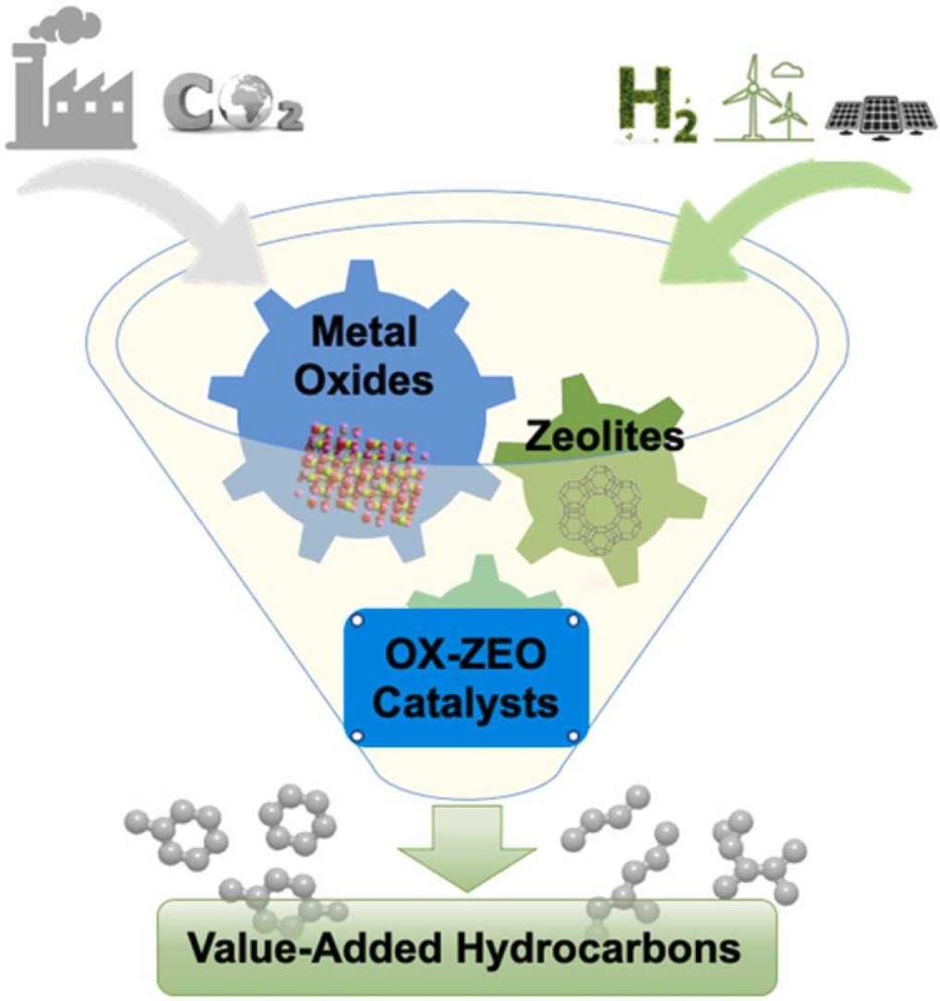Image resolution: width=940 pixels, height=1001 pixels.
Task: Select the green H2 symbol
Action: point(657,104)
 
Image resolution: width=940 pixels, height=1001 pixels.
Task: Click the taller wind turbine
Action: point(753,96)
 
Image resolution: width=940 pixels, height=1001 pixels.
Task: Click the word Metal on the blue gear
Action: point(364,331)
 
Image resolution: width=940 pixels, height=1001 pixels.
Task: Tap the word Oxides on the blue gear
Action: point(364,379)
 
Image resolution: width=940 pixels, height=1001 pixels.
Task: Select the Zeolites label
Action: point(604,436)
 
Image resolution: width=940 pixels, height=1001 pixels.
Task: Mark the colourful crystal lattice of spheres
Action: point(361,473)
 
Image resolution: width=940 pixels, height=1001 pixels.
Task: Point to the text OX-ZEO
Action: point(466,655)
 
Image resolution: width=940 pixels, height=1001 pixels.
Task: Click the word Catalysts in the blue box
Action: point(466,703)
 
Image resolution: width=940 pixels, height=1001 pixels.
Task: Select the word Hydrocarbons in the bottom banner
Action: point(598,948)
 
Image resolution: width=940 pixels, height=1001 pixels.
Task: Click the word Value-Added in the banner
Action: point(316,948)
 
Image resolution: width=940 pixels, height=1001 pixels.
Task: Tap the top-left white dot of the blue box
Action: point(358,620)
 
